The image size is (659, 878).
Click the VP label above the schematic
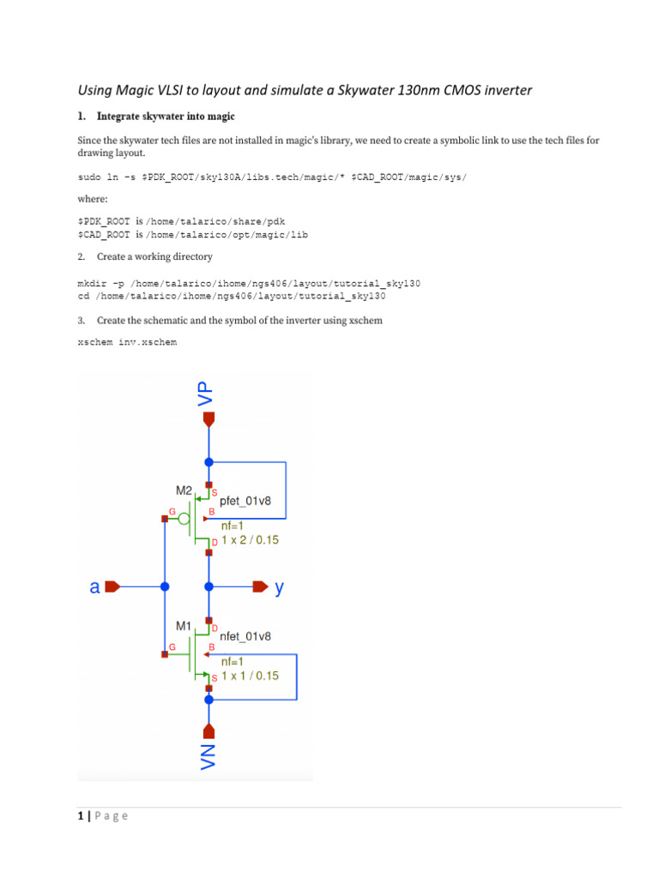205,394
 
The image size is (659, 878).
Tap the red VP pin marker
209,419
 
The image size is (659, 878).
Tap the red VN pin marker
209,731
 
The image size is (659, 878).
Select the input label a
95,587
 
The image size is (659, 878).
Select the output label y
279,588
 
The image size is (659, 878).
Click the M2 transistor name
184,490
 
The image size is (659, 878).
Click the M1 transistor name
184,626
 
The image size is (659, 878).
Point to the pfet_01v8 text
245,502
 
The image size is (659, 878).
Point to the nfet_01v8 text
245,637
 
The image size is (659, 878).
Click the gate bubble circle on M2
184,519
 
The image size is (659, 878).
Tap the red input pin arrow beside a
112,587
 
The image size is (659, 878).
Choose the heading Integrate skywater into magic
166,116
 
